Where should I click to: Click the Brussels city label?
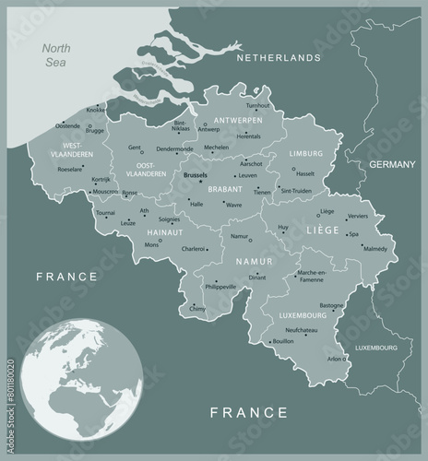click(x=196, y=174)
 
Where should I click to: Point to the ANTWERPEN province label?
click(x=238, y=120)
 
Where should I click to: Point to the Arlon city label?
click(x=333, y=359)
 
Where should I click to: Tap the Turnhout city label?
click(x=258, y=106)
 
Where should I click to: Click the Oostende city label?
click(x=68, y=125)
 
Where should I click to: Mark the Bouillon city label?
click(x=284, y=342)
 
